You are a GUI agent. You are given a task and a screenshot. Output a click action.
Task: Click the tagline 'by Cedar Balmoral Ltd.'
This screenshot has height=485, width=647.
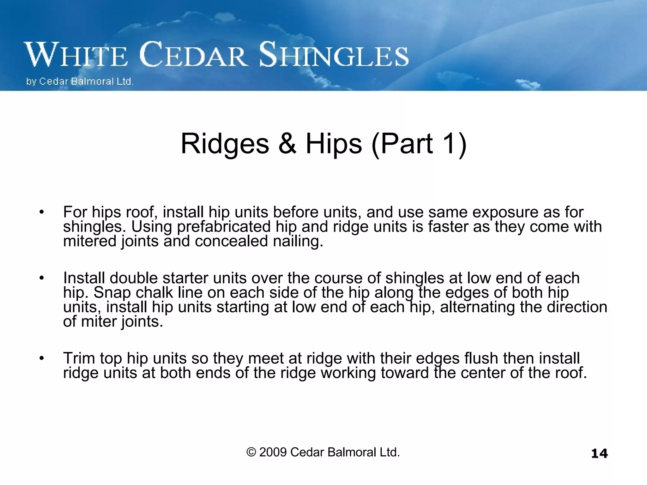click(x=80, y=81)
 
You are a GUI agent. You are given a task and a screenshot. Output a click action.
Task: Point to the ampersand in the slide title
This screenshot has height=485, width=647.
click(x=287, y=144)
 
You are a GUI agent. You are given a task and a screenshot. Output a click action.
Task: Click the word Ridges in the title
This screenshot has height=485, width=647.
click(x=225, y=144)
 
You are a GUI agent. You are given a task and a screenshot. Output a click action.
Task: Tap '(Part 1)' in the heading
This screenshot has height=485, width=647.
click(x=419, y=144)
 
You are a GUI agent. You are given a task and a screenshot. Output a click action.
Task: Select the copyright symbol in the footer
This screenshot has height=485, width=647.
click(x=251, y=452)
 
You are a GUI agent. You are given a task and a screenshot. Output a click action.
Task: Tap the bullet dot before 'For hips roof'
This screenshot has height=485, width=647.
click(x=41, y=212)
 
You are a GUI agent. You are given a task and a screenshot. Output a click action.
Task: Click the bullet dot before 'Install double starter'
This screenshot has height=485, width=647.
click(x=41, y=278)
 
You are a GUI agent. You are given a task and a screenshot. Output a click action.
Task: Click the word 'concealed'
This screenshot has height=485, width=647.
click(x=231, y=241)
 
